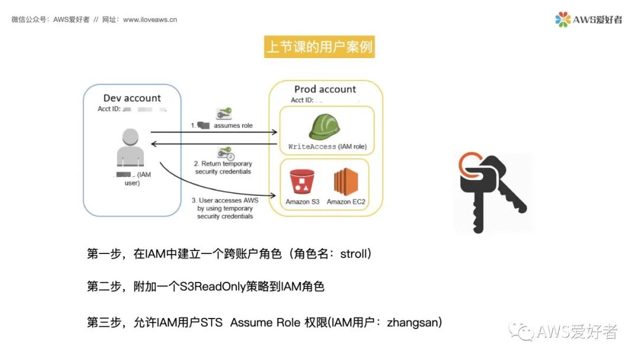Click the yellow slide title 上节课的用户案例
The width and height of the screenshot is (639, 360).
point(319,47)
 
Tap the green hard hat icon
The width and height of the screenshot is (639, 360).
point(325,126)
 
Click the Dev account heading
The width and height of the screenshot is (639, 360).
point(132,98)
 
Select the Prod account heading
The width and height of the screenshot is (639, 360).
point(325,89)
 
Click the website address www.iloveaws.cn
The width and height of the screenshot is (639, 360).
point(150,20)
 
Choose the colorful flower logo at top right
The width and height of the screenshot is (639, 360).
point(563,20)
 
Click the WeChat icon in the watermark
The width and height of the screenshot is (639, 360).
point(522,332)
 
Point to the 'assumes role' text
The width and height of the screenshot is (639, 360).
point(233,126)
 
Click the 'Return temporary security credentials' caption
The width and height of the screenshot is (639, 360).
point(223,168)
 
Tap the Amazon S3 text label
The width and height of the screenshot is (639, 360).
point(302,202)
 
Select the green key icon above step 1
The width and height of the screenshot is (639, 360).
point(224,113)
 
